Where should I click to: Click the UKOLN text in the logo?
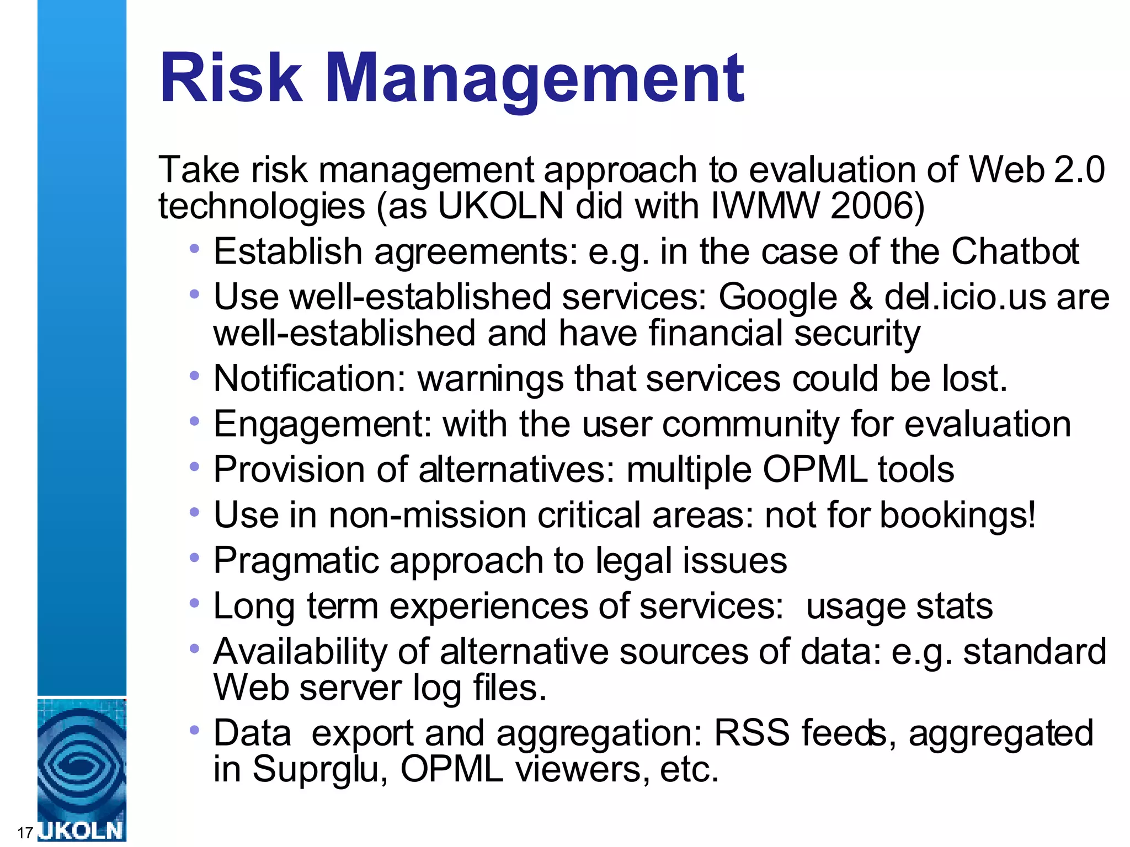82,830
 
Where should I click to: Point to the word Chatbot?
1015,252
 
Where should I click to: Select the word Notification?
310,379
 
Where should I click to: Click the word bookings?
957,516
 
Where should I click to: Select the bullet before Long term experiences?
194,604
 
